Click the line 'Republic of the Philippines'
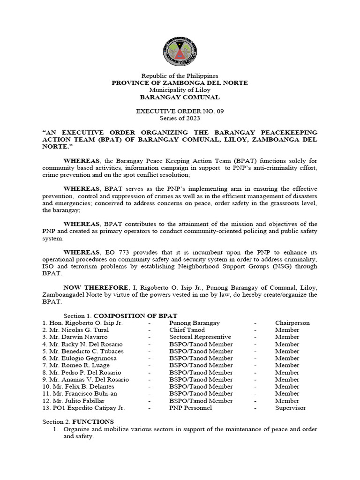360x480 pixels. pos(180,75)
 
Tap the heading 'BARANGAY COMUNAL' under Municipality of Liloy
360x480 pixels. pos(180,97)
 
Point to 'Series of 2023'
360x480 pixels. pos(180,119)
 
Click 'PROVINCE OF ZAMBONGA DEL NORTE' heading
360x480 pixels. pos(180,82)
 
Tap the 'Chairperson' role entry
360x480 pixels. pos(292,323)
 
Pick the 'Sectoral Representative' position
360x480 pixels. pos(200,337)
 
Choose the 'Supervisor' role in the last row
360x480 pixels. pos(290,408)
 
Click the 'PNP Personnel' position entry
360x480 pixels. pos(191,408)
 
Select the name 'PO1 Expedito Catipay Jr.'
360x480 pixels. pos(85,408)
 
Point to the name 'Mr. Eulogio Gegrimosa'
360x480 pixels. pos(82,358)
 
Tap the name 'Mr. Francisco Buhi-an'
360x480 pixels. pos(82,394)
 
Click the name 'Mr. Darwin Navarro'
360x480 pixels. pos(78,337)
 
